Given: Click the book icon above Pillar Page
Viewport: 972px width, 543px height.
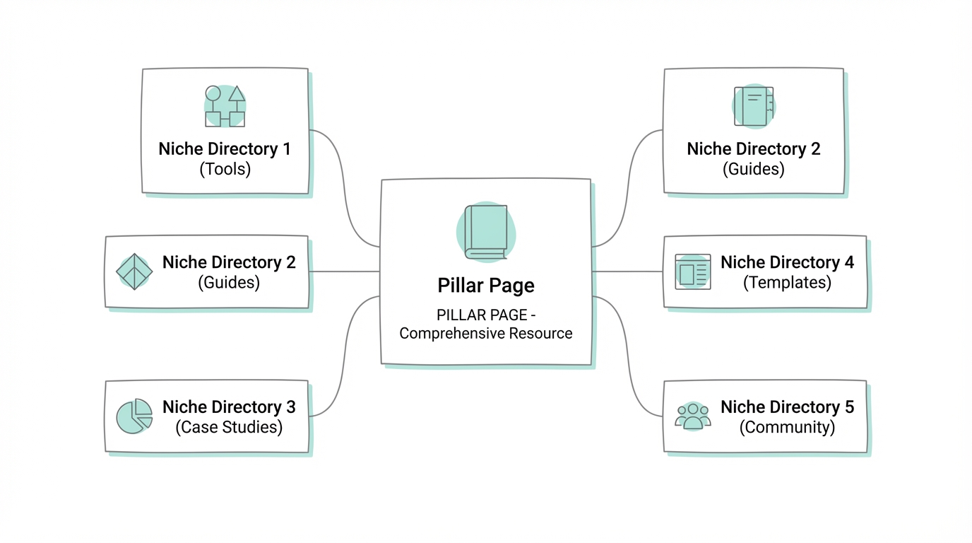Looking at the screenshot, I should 486,232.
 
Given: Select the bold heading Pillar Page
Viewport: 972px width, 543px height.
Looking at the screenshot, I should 486,286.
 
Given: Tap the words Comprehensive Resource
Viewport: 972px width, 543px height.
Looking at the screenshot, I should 486,334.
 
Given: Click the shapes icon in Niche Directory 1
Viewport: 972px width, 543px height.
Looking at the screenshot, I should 225,107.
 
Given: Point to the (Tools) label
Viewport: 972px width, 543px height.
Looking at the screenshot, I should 225,169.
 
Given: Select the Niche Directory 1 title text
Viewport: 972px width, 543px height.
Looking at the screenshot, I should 225,149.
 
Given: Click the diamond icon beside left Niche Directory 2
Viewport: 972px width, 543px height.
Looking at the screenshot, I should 134,271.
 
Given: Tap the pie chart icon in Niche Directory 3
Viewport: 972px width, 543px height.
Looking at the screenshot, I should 134,416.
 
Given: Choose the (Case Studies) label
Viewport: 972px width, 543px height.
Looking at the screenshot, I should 229,427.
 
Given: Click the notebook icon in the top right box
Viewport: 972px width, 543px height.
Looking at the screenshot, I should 753,107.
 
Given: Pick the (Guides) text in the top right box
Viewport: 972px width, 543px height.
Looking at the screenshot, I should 753,169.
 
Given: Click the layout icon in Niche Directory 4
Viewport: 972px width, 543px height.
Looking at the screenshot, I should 692,271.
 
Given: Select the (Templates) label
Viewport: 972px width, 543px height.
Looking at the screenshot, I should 787,282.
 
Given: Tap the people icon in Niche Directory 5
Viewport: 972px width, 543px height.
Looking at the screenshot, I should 692,416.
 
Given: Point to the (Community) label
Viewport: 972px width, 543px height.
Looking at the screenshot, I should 787,427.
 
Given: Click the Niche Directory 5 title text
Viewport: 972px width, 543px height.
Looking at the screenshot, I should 787,407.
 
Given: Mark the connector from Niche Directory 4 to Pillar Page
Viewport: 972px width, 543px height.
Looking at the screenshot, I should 627,271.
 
